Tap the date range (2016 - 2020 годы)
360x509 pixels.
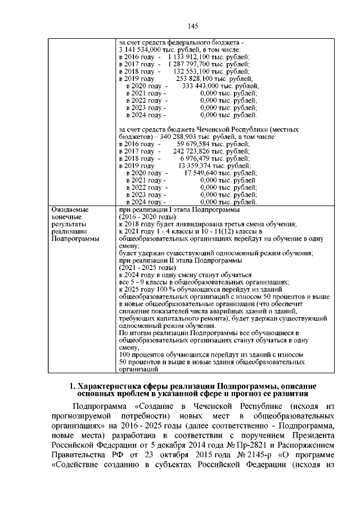tap(147, 217)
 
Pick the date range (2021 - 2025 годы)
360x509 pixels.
tap(147, 267)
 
